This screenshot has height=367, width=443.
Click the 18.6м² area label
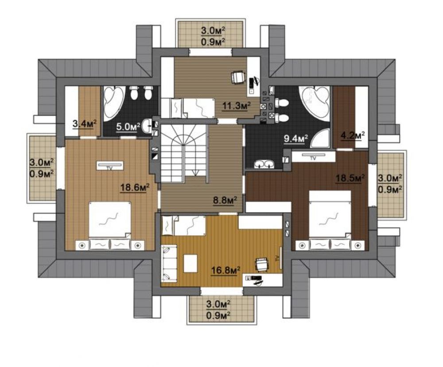(x=135, y=187)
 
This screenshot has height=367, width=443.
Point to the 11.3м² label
(x=237, y=106)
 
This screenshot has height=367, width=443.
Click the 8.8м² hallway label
(x=225, y=200)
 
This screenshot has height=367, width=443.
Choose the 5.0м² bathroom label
(x=128, y=127)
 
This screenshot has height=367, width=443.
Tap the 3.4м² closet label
(x=85, y=124)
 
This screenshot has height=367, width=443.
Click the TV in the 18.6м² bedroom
(x=110, y=166)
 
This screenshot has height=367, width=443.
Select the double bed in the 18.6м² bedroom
(x=110, y=226)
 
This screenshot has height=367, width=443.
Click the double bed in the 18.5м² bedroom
(x=330, y=221)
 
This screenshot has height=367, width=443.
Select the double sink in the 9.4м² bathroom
(x=264, y=164)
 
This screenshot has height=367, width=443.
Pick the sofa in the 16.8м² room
(x=169, y=263)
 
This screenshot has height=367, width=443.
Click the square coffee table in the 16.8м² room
(x=190, y=263)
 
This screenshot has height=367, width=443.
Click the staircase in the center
(x=184, y=154)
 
